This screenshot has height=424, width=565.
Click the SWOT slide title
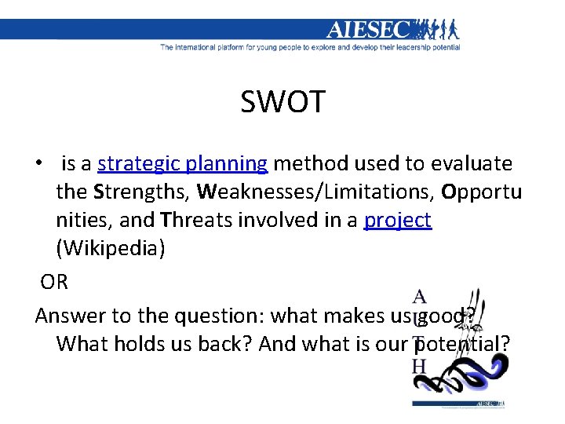(x=282, y=101)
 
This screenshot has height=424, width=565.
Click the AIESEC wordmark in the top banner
(x=368, y=30)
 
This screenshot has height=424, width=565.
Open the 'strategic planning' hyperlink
(x=183, y=163)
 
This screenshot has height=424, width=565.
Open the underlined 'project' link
(x=397, y=220)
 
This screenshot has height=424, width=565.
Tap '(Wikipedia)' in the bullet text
(x=111, y=248)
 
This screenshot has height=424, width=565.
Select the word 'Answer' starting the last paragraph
(x=71, y=316)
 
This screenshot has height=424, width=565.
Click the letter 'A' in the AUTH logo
(x=420, y=297)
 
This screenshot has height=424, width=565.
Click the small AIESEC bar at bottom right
(x=459, y=404)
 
